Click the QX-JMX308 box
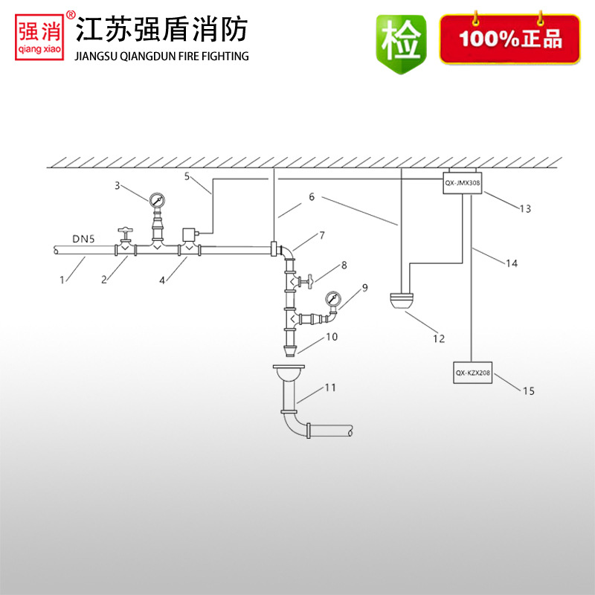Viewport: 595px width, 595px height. [x=463, y=181]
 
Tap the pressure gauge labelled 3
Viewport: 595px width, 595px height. [x=157, y=199]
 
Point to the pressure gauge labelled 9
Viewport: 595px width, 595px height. [x=332, y=300]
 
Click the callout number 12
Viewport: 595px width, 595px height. [x=438, y=339]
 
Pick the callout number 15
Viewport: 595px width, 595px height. [x=529, y=390]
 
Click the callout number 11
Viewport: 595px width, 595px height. [x=330, y=387]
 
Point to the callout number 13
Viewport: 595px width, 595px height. [x=525, y=209]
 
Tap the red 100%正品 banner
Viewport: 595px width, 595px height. [x=509, y=38]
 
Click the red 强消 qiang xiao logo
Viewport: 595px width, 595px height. [x=42, y=36]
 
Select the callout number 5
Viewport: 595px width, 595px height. [x=187, y=176]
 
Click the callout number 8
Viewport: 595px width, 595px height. [x=344, y=266]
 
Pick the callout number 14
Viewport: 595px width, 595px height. [x=512, y=263]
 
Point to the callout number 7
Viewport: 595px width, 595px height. [x=322, y=236]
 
